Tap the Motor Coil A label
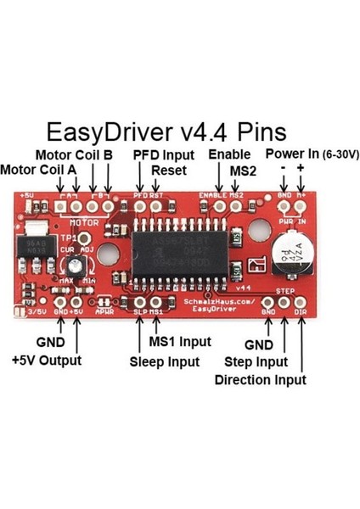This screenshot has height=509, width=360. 38,169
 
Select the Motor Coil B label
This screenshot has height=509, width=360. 75,155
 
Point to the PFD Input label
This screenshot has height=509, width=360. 163,155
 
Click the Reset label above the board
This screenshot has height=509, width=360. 169,170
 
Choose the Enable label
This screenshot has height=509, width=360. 228,155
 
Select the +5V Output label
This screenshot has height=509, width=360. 48,360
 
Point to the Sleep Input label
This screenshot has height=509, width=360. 165,361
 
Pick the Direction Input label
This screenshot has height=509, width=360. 260,380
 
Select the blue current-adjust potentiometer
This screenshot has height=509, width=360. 77,270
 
